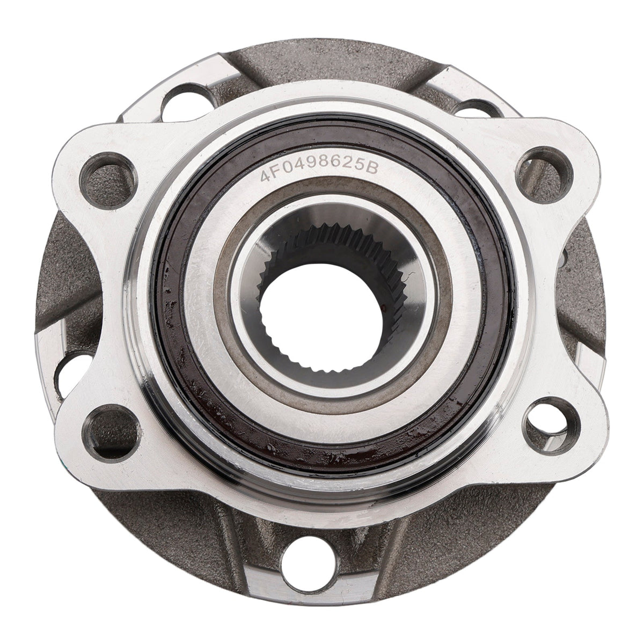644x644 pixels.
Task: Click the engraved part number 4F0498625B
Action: pos(319,171)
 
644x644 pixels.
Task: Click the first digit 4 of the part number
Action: pos(266,176)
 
